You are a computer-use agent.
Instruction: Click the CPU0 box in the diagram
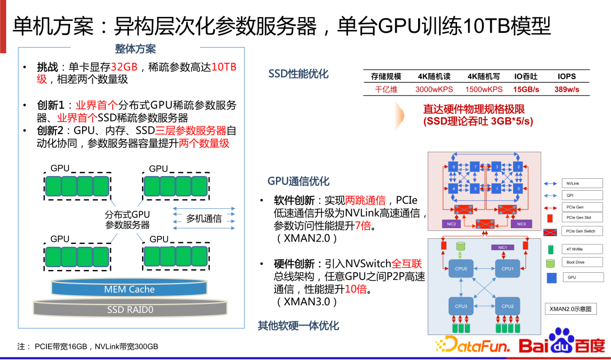[461, 269]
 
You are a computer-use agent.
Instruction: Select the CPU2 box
[507, 306]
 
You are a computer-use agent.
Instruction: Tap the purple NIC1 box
[502, 247]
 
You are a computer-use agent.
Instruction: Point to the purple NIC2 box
[451, 224]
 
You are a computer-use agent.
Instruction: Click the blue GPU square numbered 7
[476, 167]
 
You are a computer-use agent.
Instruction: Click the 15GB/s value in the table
[526, 89]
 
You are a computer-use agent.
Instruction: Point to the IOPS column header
[566, 76]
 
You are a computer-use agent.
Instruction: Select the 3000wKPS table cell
[434, 89]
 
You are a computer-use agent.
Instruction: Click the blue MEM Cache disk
[129, 289]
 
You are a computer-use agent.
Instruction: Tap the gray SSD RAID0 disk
[130, 309]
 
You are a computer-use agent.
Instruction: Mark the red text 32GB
[124, 67]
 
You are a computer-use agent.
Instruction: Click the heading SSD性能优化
[298, 74]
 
